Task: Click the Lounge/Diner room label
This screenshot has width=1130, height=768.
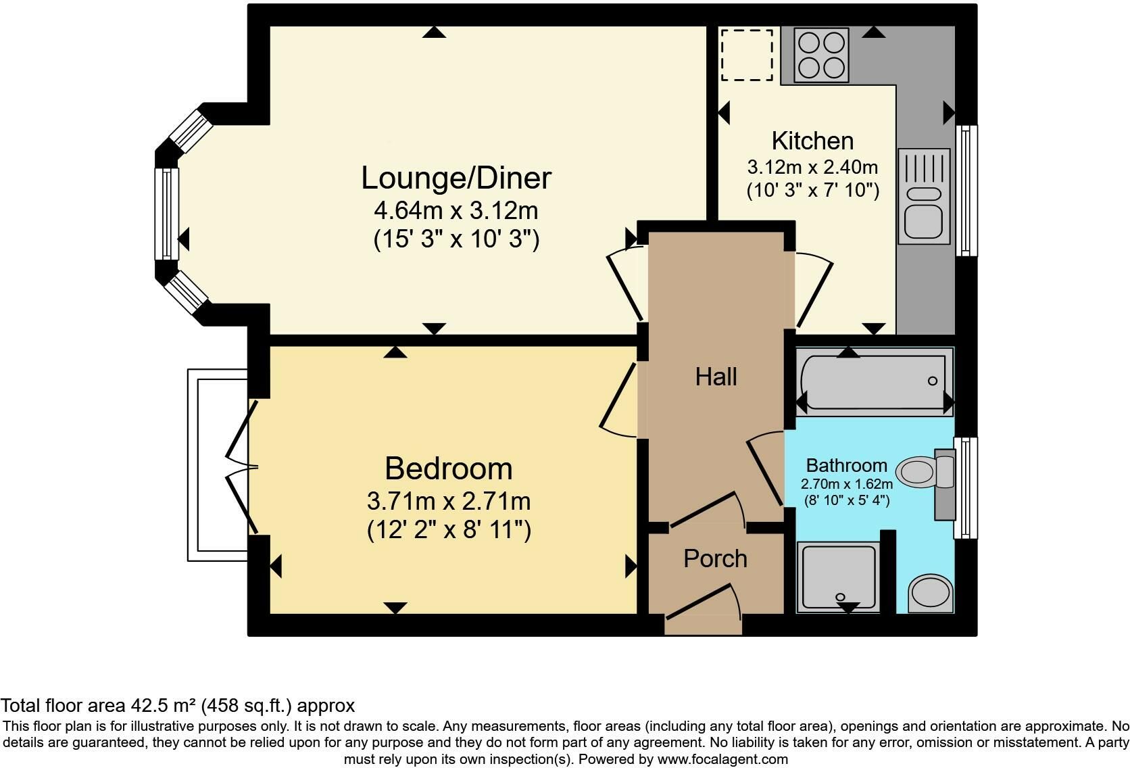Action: pyautogui.click(x=456, y=178)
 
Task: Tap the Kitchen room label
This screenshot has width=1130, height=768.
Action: pyautogui.click(x=812, y=140)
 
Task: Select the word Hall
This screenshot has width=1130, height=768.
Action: pyautogui.click(x=716, y=377)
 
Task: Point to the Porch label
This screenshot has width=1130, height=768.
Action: pyautogui.click(x=715, y=558)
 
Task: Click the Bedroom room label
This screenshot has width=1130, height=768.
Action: pyautogui.click(x=449, y=469)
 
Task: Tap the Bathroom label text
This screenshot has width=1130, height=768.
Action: pyautogui.click(x=847, y=464)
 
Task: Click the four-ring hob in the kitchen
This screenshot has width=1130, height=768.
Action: pyautogui.click(x=821, y=55)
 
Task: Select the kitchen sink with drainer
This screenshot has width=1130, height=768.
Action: pyautogui.click(x=924, y=196)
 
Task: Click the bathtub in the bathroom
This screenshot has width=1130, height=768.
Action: pyautogui.click(x=875, y=382)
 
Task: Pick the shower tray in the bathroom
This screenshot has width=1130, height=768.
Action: pyautogui.click(x=839, y=577)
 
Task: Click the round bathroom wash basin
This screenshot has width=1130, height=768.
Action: pyautogui.click(x=931, y=594)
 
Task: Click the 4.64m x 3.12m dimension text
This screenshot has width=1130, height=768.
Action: pyautogui.click(x=456, y=210)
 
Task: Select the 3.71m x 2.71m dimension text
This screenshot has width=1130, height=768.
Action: pyautogui.click(x=449, y=501)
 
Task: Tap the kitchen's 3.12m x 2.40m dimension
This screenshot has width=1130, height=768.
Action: pyautogui.click(x=812, y=167)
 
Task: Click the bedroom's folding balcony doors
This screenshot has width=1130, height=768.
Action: pyautogui.click(x=242, y=466)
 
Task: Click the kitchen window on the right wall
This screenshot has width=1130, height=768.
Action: pyautogui.click(x=966, y=190)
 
